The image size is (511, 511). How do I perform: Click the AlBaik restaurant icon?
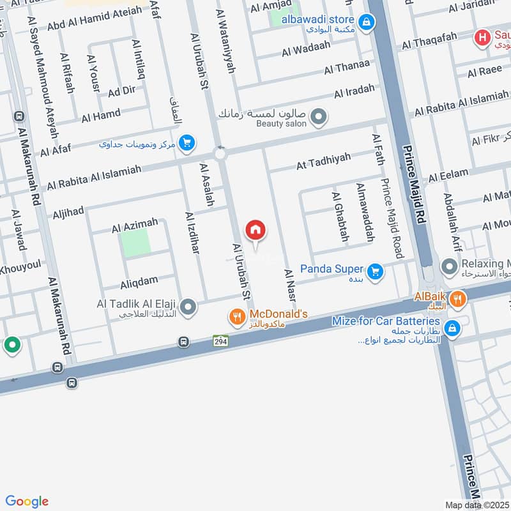pos(457,298)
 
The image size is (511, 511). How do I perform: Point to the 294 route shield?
pos(220,341)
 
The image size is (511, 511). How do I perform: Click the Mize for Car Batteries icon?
pos(452,328)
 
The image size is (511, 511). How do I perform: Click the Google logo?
pos(27,501)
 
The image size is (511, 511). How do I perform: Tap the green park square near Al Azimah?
pos(136,243)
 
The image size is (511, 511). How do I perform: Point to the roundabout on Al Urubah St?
pos(220,154)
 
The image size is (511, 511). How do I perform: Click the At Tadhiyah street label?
pos(323,162)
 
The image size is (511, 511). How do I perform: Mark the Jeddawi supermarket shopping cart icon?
pos(187,142)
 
